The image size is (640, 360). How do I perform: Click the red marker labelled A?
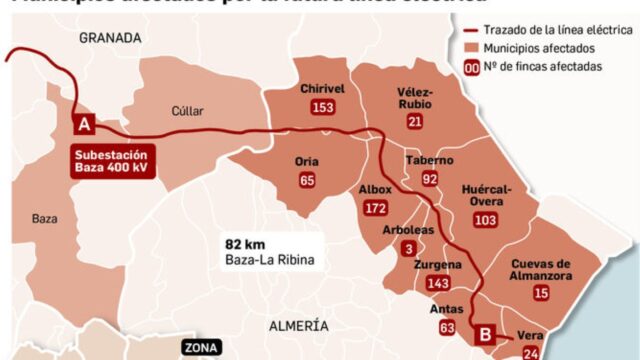tap(85, 124)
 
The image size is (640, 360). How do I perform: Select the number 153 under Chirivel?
tap(322, 108)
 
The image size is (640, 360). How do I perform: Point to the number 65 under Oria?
tap(307, 180)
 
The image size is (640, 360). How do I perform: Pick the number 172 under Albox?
tap(376, 208)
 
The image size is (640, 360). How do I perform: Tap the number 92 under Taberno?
tap(430, 179)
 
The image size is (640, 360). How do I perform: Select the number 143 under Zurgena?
tap(437, 284)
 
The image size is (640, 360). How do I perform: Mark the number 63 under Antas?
tap(446, 327)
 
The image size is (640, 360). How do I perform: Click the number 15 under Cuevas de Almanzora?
tap(541, 293)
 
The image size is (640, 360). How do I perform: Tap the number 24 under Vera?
tap(530, 353)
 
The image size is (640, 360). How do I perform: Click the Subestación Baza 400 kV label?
tap(112, 161)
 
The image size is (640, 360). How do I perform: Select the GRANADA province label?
tap(110, 37)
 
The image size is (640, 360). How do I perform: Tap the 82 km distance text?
tap(245, 243)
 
